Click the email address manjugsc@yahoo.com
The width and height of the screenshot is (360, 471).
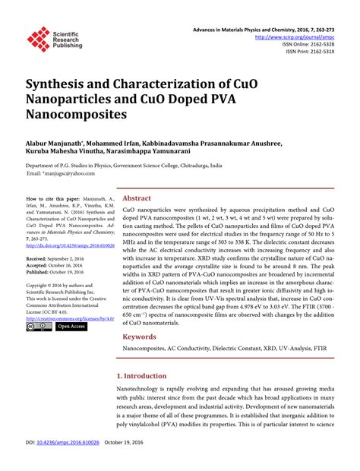57,173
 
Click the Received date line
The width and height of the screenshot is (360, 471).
58,259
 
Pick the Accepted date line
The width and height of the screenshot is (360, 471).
57,265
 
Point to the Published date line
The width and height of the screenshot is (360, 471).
58,271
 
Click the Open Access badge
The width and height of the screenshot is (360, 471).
71,327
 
